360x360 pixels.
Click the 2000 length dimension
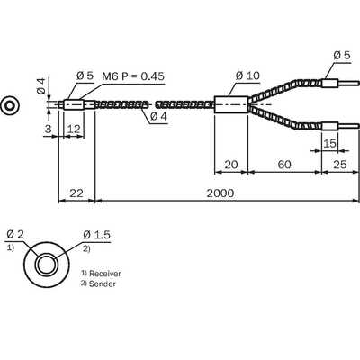[x=220, y=193]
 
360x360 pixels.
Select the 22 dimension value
[x=76, y=193]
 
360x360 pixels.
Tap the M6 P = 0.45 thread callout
[x=133, y=76]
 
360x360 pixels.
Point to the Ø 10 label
[x=247, y=76]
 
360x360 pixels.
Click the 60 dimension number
[x=284, y=165]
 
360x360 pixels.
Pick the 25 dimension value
[x=340, y=165]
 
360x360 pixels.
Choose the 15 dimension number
[x=329, y=144]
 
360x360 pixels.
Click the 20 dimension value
[x=231, y=165]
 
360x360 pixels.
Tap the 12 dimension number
[x=74, y=130]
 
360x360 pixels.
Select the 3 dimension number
[x=48, y=130]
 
